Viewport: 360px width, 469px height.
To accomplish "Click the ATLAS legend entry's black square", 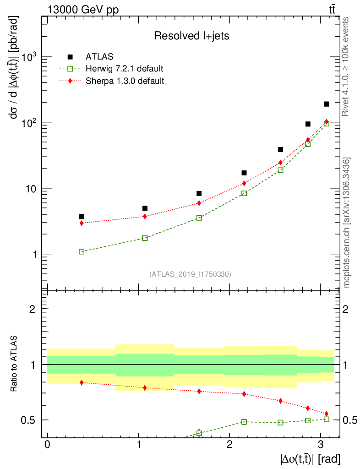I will click(x=70, y=57).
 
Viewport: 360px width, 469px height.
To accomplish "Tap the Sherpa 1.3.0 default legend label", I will click(x=125, y=81).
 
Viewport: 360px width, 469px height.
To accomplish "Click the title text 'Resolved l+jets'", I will click(x=191, y=36).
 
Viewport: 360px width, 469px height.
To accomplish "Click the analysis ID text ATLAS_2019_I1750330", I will click(x=190, y=274).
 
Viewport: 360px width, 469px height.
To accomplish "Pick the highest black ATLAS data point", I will click(x=327, y=104).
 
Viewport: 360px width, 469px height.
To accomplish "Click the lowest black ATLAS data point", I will click(x=82, y=217).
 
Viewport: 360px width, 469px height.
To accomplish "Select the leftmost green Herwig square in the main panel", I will click(x=82, y=251).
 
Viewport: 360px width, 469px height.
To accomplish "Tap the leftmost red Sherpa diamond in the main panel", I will click(x=82, y=223).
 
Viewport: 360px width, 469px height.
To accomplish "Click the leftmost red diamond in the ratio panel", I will click(x=82, y=382).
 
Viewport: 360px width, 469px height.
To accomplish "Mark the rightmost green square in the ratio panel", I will click(x=327, y=419).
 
